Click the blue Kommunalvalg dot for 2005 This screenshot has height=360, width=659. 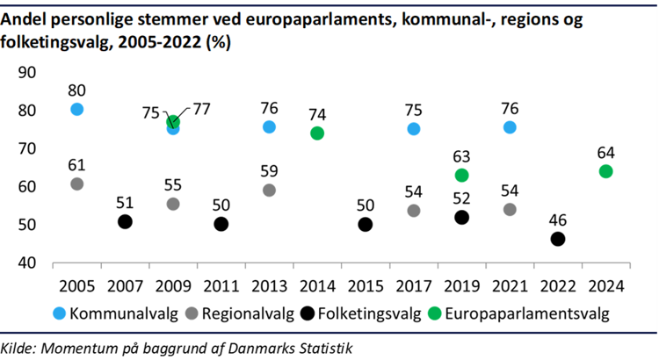coord(76,109)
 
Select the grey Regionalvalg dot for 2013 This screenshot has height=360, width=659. coord(269,191)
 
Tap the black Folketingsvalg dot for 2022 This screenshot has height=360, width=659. coord(557,239)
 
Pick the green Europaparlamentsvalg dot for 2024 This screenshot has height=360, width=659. coord(605,171)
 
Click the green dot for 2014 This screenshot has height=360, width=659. coord(317,133)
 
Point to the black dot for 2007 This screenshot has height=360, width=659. coord(125,222)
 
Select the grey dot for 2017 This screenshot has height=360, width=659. coord(414,211)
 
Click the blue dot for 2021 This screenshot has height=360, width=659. coord(510,127)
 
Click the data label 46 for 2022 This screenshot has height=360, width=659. coord(557,219)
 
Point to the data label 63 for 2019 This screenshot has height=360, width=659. coord(461,156)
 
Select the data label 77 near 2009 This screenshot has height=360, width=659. coord(204,112)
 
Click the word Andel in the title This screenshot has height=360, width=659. coord(27,18)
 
